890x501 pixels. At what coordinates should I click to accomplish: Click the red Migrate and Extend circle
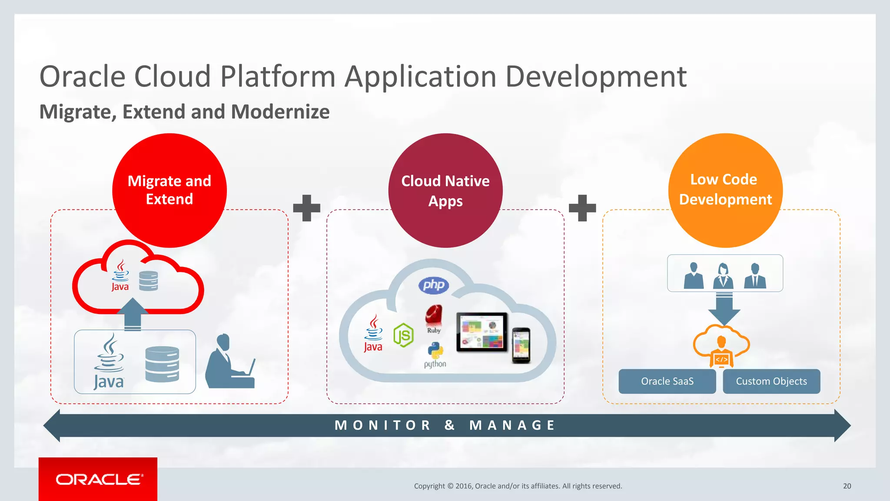169,190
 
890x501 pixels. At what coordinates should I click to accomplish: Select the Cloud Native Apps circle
445,190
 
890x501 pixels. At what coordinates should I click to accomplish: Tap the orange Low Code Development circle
725,190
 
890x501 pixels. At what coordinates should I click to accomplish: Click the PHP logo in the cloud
433,285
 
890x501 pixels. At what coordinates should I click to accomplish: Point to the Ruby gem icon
434,317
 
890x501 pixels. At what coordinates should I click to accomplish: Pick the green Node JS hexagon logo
403,335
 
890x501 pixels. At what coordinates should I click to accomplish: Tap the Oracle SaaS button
667,381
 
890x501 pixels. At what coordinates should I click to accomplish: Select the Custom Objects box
771,381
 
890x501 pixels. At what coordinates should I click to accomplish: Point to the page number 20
847,486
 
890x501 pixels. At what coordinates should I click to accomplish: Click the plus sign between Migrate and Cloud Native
307,208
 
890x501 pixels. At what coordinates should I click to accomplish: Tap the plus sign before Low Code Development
582,208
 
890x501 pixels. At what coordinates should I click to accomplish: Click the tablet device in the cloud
482,332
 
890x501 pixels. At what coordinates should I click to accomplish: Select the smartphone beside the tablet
521,345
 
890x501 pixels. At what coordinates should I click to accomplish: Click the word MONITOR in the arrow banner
382,425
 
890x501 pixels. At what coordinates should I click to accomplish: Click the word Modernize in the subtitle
280,112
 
